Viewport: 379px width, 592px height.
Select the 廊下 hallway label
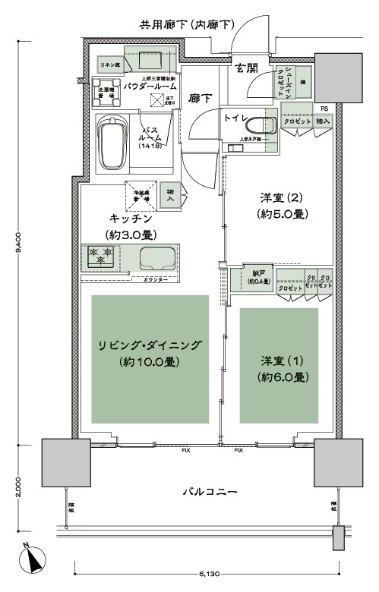point(201,98)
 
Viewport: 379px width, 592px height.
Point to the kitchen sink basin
point(156,258)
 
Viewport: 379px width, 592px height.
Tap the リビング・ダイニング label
point(150,346)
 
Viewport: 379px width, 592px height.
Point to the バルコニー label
point(210,493)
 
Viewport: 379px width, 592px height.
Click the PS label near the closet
point(324,109)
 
